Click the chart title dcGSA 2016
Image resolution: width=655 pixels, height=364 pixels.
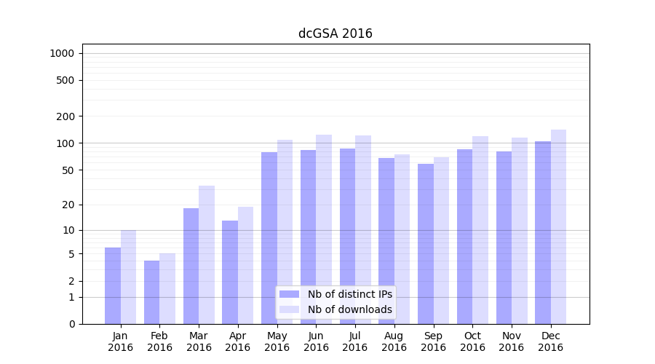(x=335, y=33)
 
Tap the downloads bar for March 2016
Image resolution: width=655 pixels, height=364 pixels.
(x=207, y=255)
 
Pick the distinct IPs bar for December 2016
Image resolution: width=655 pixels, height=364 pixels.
(x=543, y=233)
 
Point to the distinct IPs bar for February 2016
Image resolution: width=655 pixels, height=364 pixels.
(x=151, y=292)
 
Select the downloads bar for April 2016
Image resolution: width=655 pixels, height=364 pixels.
(x=245, y=265)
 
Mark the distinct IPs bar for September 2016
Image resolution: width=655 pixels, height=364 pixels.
(x=426, y=244)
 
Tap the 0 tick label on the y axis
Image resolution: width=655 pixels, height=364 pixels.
(x=71, y=324)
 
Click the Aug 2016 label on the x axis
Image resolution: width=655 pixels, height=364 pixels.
(x=394, y=341)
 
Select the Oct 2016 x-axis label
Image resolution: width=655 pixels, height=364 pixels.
(x=472, y=341)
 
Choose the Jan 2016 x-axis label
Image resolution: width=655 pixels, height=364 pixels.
(x=121, y=341)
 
